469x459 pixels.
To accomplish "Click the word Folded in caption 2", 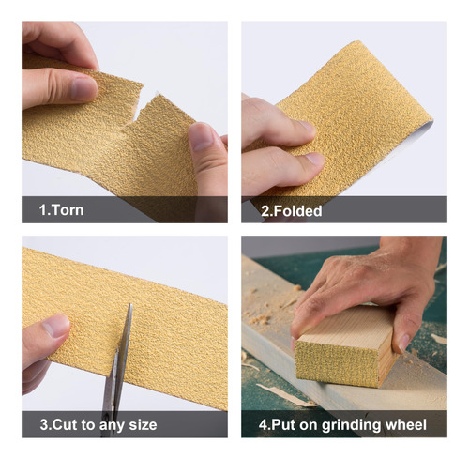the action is [297, 211].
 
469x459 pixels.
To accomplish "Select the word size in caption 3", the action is [143, 425].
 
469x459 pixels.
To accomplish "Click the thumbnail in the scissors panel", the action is [56, 326].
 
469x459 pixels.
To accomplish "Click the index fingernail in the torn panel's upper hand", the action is [83, 88].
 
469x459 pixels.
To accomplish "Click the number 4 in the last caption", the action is [262, 425].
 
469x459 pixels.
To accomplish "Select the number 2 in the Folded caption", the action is [265, 211].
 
